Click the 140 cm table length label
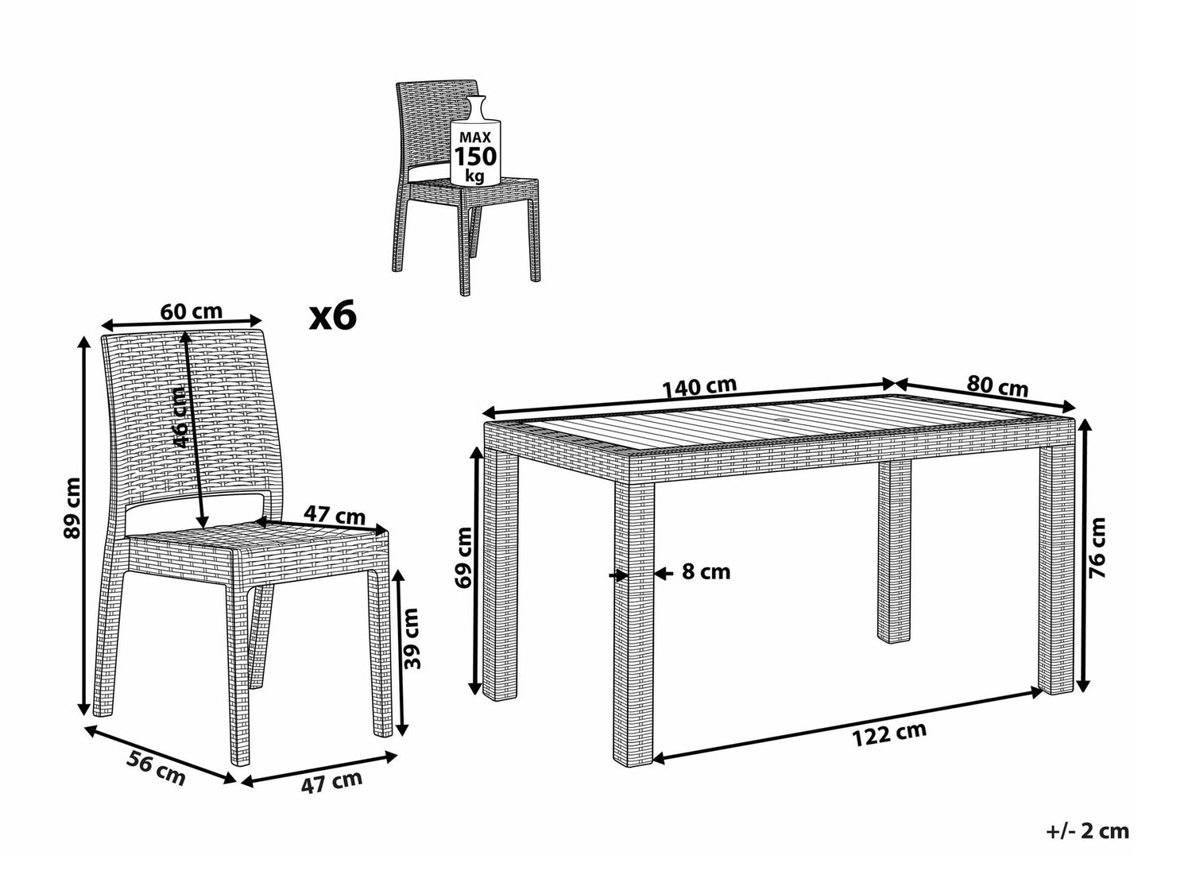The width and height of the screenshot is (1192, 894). click(x=699, y=387)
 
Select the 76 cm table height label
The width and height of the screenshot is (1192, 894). click(x=1097, y=548)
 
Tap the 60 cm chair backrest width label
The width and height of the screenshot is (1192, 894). click(x=192, y=312)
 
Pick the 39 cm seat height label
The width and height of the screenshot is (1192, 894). click(x=412, y=638)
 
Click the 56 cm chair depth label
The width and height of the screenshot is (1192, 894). click(x=156, y=768)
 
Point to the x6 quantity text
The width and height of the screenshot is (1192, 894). click(x=332, y=316)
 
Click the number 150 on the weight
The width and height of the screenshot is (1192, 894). click(x=475, y=157)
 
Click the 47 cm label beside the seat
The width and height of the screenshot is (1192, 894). click(x=335, y=515)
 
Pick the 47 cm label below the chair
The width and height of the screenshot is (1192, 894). click(x=332, y=782)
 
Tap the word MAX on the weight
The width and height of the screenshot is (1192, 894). click(x=475, y=137)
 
